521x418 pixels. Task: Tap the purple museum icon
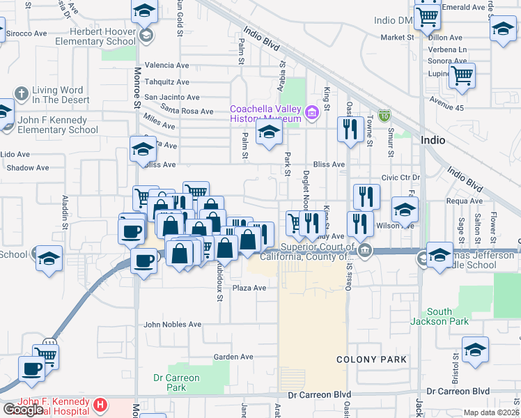click(x=311, y=111)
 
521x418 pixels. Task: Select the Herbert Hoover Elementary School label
click(x=102, y=36)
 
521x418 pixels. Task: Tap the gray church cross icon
click(x=22, y=93)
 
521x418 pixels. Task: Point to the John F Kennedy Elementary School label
click(x=57, y=125)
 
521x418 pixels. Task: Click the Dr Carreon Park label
click(x=176, y=382)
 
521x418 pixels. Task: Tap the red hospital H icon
click(x=100, y=404)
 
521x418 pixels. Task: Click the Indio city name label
click(x=433, y=140)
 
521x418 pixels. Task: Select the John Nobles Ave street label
click(x=172, y=325)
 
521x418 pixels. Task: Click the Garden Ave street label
click(x=233, y=357)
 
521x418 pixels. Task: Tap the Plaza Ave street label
click(x=249, y=288)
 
